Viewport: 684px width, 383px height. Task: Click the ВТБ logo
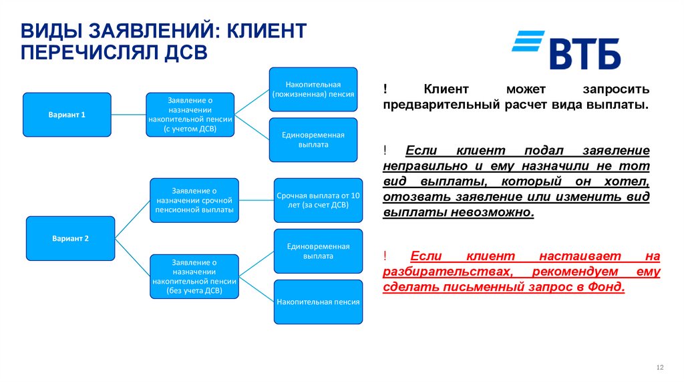pos(566,50)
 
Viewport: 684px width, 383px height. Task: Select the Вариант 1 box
pos(67,115)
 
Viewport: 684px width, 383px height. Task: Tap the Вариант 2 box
pos(70,238)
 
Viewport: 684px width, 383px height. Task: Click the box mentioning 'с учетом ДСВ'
pos(190,115)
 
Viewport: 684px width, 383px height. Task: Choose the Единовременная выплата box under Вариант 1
pos(313,139)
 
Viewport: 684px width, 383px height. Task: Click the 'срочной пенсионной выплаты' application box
pos(194,200)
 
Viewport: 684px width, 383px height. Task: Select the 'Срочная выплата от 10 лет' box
pos(318,200)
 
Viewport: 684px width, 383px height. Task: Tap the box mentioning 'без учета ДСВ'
pos(194,277)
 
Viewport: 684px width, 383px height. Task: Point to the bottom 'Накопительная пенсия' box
pos(318,302)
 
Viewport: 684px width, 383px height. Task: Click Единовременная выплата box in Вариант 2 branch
pos(318,251)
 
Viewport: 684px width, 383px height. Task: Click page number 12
pos(661,368)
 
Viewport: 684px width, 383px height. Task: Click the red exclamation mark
pos(386,256)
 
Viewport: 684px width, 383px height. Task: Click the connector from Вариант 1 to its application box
pos(128,115)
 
